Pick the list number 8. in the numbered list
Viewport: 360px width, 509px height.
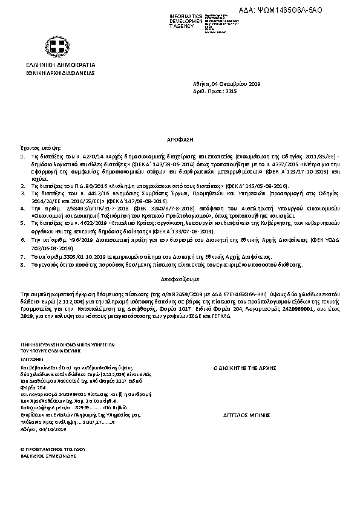[23, 264]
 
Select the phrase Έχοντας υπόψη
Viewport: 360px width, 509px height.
[41, 147]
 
